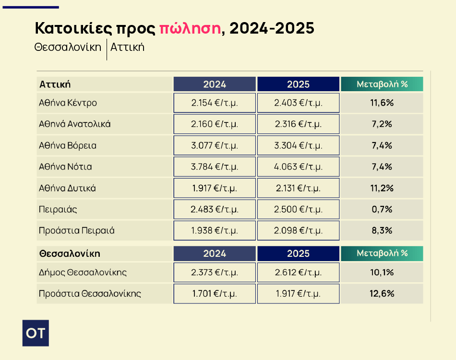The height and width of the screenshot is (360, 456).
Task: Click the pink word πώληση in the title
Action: click(x=190, y=29)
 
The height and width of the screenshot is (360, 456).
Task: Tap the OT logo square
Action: click(x=36, y=333)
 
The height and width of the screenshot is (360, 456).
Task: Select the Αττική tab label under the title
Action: click(x=127, y=48)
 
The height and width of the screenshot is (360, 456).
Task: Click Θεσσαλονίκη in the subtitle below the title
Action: click(x=68, y=48)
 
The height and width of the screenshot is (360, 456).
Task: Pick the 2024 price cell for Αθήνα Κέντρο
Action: click(x=215, y=103)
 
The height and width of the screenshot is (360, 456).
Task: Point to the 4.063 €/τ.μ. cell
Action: click(x=298, y=167)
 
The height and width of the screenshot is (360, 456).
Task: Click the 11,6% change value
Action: click(x=382, y=103)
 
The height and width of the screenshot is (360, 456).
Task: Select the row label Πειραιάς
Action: click(x=58, y=209)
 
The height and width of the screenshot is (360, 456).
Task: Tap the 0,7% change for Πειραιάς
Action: click(x=382, y=209)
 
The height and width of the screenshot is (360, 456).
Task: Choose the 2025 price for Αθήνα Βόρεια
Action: click(x=298, y=145)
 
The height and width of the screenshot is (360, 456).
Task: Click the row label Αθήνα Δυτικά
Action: click(x=67, y=188)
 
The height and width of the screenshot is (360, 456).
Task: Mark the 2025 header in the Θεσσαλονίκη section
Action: click(x=298, y=253)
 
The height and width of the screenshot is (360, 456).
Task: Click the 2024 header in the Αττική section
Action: click(x=215, y=84)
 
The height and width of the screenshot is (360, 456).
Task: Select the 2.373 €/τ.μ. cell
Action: click(x=215, y=273)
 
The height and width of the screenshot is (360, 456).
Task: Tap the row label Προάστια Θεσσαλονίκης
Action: click(x=90, y=294)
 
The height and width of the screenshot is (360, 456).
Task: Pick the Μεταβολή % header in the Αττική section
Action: click(x=382, y=84)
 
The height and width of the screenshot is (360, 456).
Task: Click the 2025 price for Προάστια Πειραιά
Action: click(x=298, y=231)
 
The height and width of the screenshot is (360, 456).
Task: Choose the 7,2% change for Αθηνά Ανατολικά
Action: click(x=382, y=124)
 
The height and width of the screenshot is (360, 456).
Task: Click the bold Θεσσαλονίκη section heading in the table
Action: click(x=70, y=253)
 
